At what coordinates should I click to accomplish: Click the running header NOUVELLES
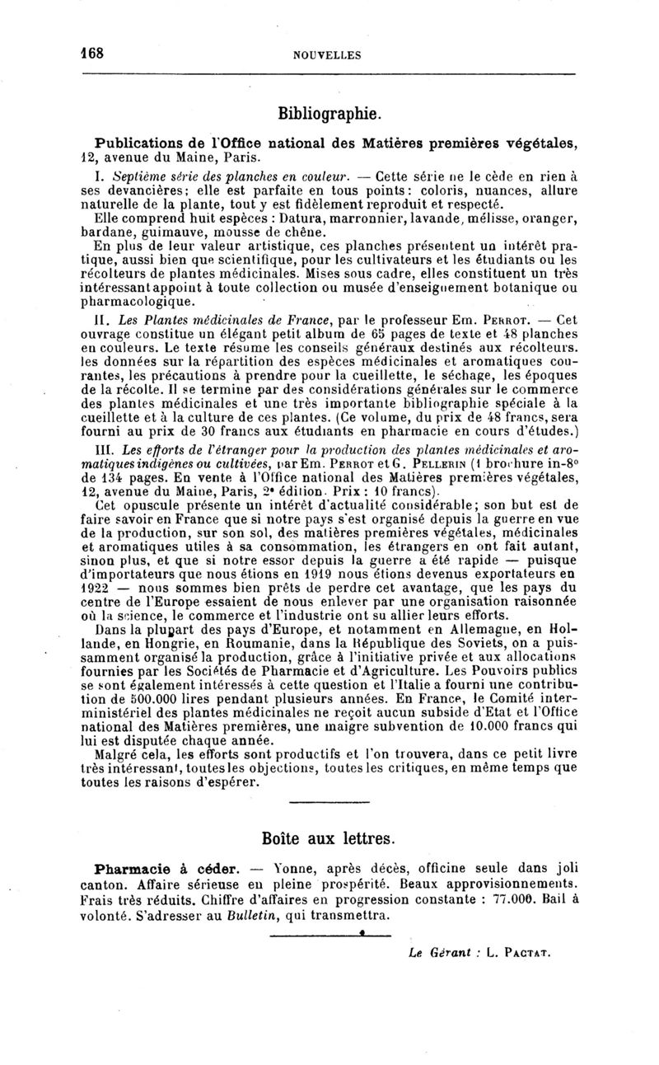[327, 55]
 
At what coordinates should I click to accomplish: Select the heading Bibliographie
[329, 111]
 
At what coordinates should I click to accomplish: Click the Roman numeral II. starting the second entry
[102, 320]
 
